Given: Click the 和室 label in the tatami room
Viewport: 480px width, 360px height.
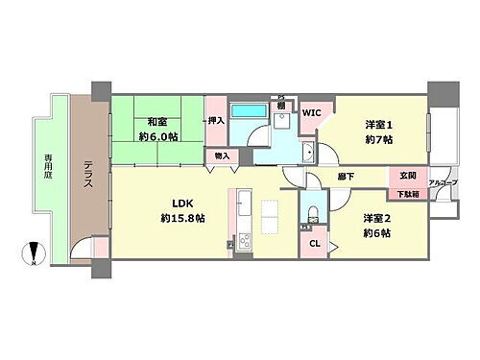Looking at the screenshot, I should (158, 121).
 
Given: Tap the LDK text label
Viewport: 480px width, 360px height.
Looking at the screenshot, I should (156, 204).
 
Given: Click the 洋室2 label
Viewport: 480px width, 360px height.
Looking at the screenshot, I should (377, 218).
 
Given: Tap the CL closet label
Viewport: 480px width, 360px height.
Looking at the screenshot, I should (314, 244).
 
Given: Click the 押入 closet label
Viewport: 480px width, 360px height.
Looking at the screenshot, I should (216, 121).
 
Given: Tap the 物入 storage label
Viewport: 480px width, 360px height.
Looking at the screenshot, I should (222, 156).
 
